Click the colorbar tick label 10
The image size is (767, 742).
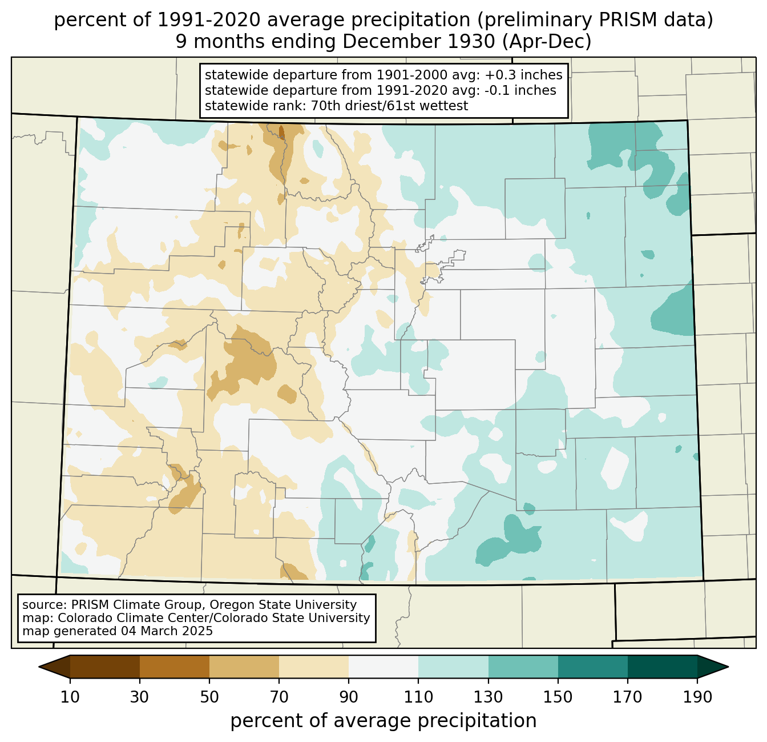(70, 697)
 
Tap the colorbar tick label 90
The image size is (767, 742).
(349, 697)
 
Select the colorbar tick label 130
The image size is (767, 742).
(488, 697)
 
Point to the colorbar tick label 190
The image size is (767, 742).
(697, 697)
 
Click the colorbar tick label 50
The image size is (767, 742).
(209, 697)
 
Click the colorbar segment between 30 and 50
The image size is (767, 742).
(175, 667)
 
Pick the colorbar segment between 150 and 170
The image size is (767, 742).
(593, 667)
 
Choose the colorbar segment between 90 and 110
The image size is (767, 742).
(383, 667)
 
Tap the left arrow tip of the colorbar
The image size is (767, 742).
(39, 667)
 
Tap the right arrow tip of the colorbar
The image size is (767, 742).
(728, 667)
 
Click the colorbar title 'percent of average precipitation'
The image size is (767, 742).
(383, 721)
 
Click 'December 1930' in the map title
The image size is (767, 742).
(418, 42)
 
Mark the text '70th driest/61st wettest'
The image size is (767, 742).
(389, 106)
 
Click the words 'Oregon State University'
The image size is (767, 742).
(283, 605)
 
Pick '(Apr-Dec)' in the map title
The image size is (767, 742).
(547, 42)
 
